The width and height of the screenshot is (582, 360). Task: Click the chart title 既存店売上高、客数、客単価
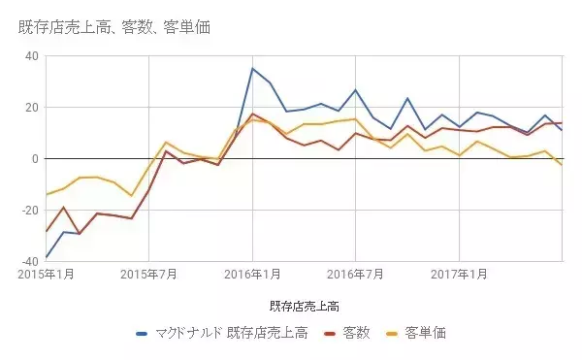point(114,26)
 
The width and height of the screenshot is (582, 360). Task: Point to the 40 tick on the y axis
point(31,56)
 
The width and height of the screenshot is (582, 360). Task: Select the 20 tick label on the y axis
point(31,108)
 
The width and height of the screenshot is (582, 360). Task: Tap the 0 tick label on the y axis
point(35,158)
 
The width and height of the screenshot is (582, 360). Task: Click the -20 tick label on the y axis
point(29,210)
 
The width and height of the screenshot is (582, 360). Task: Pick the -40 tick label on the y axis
point(29,260)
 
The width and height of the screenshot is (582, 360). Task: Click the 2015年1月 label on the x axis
point(47,275)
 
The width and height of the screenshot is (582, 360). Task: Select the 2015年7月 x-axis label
point(149,275)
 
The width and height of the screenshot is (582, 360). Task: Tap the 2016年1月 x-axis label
point(252,275)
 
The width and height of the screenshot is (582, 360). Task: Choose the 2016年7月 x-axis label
point(355,275)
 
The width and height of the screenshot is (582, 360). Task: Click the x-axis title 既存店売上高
point(304,307)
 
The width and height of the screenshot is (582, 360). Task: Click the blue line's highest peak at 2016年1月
point(252,69)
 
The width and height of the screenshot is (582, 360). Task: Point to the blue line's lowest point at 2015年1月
point(47,257)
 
